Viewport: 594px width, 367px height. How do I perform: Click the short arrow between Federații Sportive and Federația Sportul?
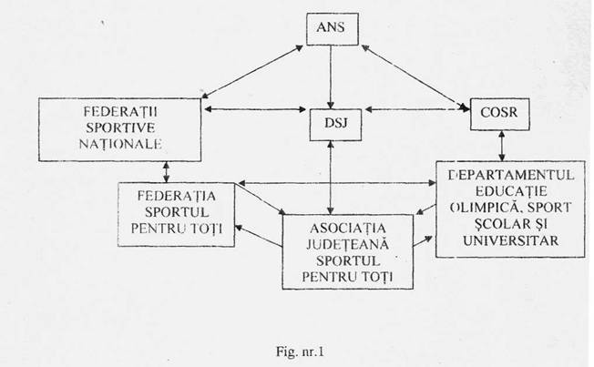click(166, 171)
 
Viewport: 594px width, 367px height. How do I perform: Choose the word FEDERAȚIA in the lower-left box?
click(175, 196)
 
